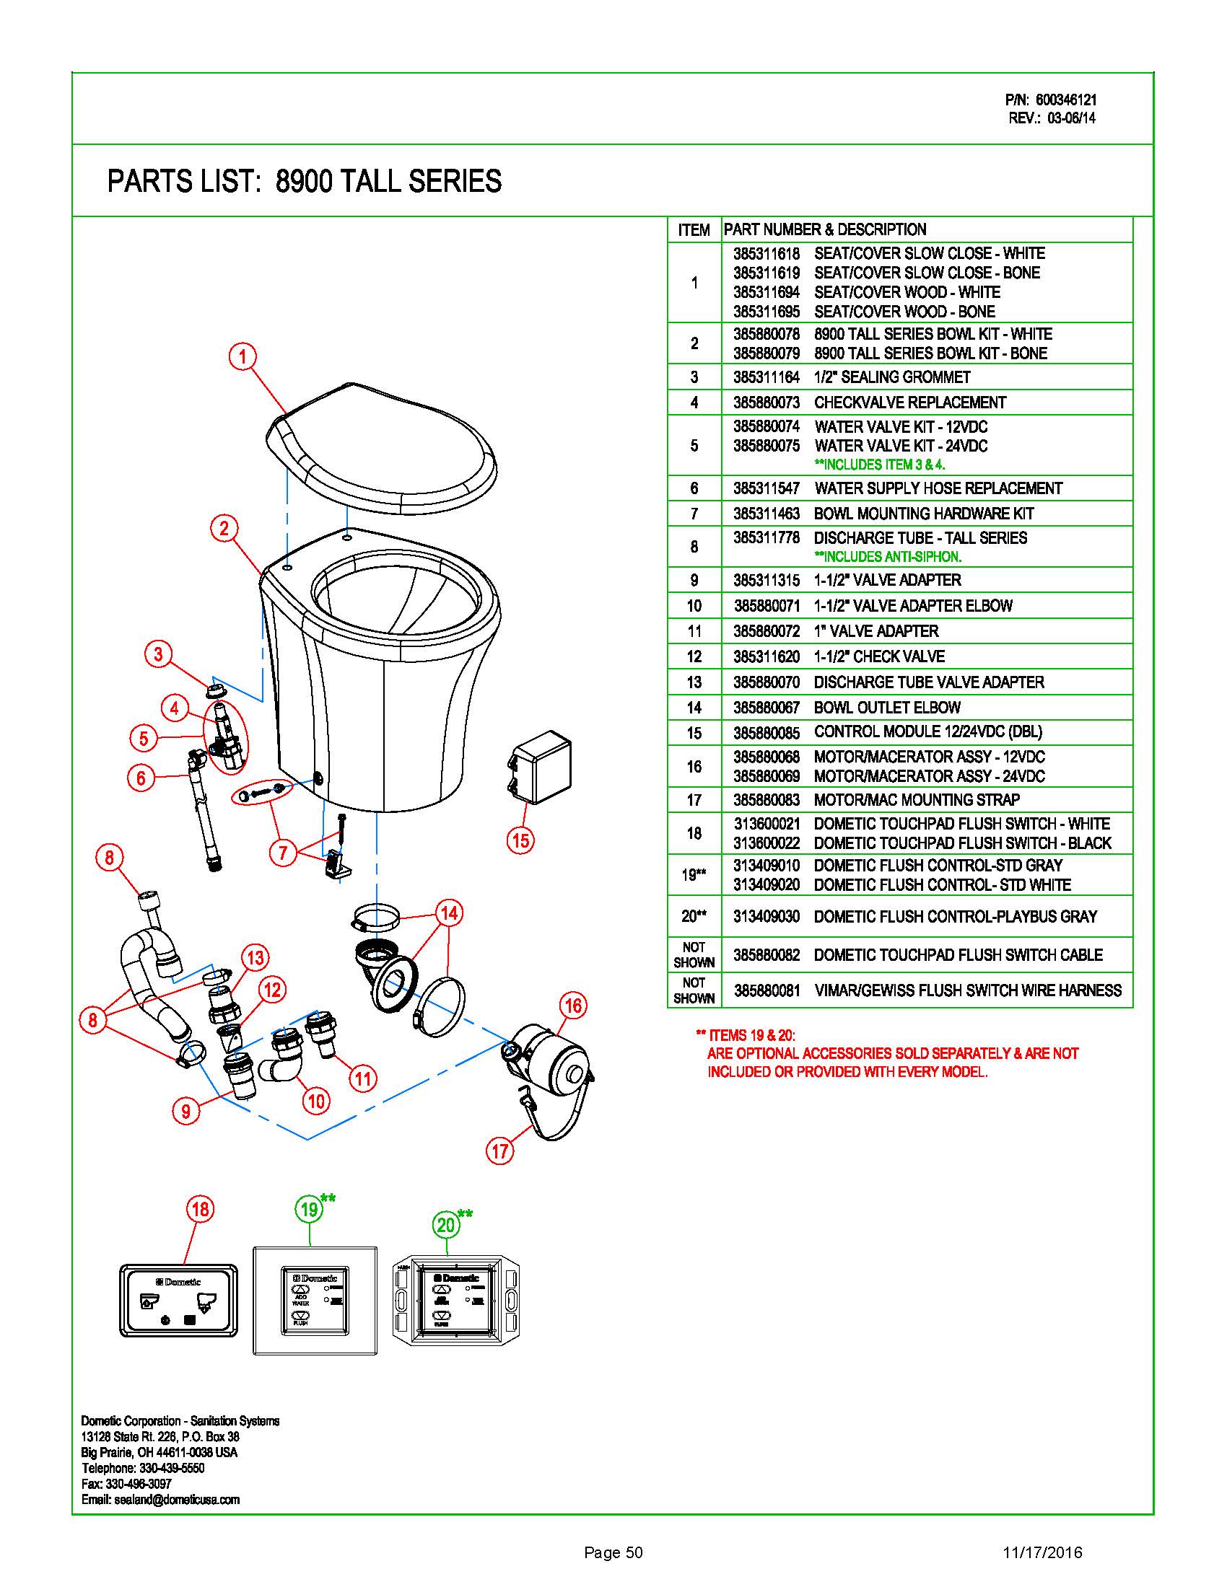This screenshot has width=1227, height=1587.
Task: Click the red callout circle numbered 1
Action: point(243,356)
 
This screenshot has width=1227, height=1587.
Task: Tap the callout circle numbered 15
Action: point(520,840)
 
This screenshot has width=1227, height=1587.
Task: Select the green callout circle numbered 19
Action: point(310,1209)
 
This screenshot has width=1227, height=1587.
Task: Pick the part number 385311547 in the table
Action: point(766,488)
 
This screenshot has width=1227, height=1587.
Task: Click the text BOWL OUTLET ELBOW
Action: point(887,707)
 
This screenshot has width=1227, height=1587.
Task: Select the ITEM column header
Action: point(694,230)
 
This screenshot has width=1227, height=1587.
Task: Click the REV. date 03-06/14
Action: point(1070,118)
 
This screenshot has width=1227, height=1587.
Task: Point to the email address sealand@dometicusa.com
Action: point(177,1500)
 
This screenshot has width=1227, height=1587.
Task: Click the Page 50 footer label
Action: point(613,1553)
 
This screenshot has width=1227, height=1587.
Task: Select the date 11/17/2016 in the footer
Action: point(1042,1553)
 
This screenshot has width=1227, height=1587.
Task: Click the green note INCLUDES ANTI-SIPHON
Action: point(888,557)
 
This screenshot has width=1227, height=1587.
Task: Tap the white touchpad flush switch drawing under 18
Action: point(179,1301)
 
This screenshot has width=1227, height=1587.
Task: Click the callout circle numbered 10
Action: point(316,1101)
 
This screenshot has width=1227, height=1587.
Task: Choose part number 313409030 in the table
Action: point(766,916)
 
